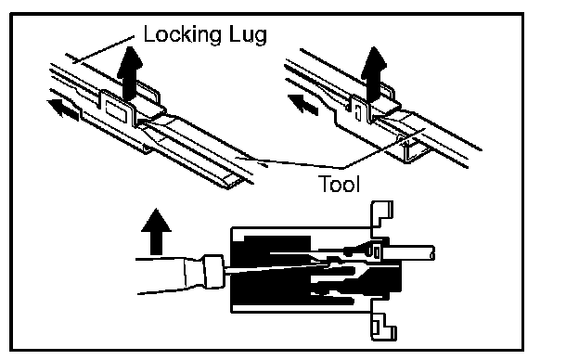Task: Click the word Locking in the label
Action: point(183,35)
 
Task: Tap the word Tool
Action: point(339,184)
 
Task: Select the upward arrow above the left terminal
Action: point(130,73)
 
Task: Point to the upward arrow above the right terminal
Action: point(374,74)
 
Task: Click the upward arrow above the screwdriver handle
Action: point(156,232)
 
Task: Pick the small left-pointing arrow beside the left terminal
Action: point(63,109)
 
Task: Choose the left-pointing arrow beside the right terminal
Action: point(302,104)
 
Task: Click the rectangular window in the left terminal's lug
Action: point(116,110)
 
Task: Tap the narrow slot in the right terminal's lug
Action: point(357,112)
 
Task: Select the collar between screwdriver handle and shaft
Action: point(213,271)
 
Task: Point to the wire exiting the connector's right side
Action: point(408,253)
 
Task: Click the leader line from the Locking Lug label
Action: point(103,49)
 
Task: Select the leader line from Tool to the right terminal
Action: point(384,148)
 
